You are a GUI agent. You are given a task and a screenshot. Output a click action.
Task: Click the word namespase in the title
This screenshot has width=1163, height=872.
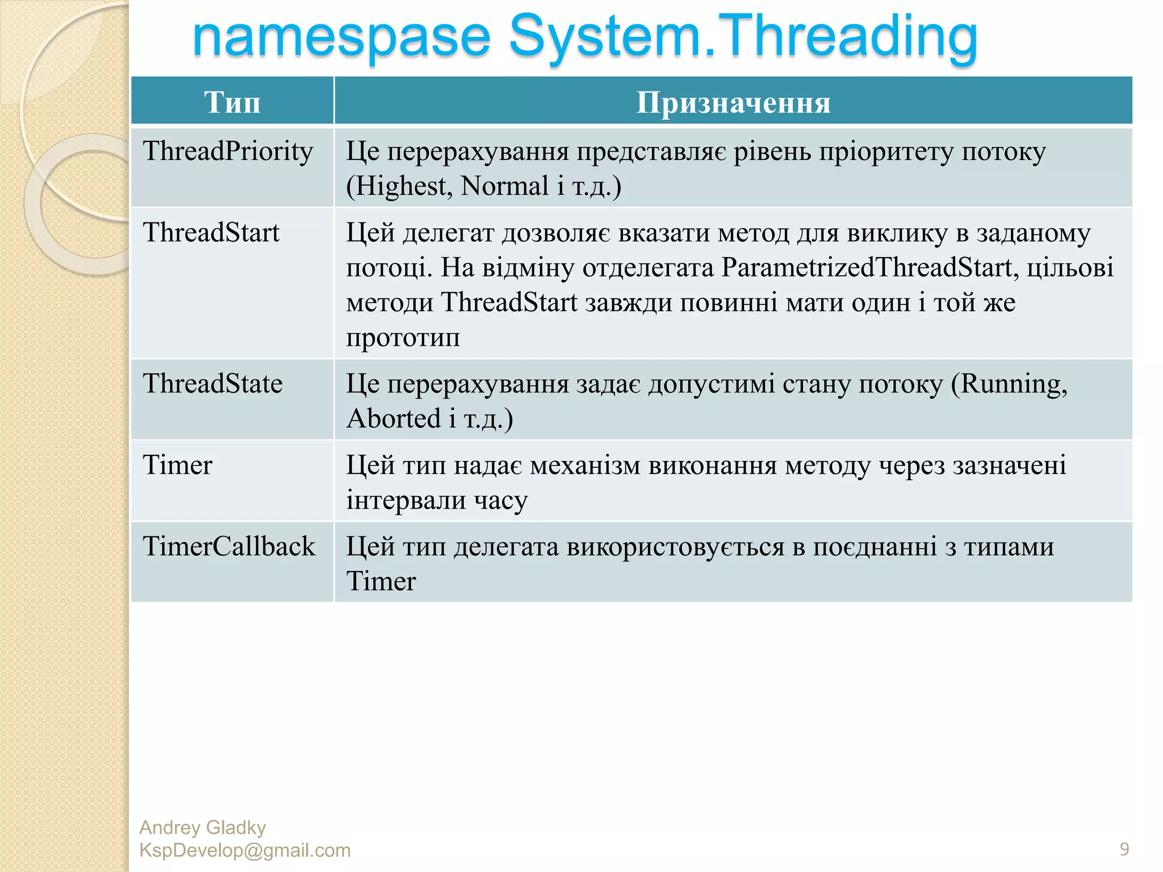point(341,37)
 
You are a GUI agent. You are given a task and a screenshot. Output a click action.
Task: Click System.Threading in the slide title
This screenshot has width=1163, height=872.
point(743,37)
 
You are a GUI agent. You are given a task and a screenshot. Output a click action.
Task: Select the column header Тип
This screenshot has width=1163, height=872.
point(232,102)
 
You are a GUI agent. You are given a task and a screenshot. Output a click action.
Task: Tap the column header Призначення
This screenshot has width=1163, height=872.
point(733,102)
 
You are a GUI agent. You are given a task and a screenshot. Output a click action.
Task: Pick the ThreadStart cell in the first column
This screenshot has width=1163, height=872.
point(211,233)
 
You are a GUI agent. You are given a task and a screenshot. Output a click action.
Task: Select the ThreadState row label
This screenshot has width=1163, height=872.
point(212,384)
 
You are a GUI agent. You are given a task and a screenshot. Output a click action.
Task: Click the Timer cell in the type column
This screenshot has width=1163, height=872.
point(177,466)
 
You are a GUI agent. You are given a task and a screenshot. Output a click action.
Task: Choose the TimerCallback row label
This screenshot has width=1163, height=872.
point(229,547)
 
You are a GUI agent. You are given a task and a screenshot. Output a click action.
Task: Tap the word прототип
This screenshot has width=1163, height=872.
point(403,337)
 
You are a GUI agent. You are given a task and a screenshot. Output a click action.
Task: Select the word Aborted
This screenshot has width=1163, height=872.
point(394,419)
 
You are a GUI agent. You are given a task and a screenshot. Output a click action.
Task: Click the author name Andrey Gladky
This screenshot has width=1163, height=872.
point(202,828)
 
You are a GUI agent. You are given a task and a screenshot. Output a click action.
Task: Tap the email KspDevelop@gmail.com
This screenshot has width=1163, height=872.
point(245,850)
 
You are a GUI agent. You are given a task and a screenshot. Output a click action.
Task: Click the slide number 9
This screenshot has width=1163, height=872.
point(1124,849)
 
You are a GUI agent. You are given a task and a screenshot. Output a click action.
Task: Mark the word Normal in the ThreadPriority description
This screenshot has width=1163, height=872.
point(504,186)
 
